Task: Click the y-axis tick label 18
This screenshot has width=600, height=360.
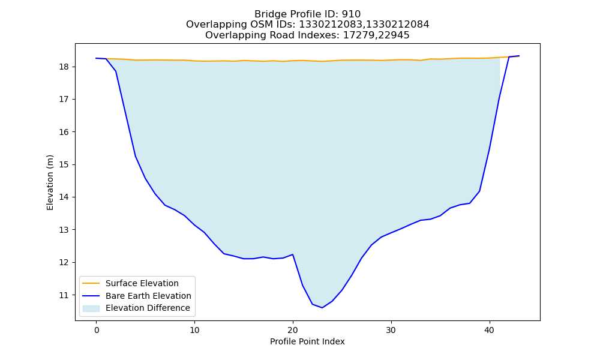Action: pos(65,67)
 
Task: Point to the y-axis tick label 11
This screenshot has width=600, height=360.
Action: pos(65,295)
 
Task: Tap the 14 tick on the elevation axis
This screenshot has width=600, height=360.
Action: pos(65,197)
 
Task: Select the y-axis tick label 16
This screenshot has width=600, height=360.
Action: pos(65,132)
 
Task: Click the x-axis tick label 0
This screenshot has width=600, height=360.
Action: pos(96,330)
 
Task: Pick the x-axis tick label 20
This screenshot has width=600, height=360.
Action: pos(293,330)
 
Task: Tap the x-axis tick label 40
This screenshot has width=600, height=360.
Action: pos(490,330)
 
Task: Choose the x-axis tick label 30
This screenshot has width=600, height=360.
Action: pos(391,330)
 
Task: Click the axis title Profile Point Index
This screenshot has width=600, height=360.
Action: pos(307,341)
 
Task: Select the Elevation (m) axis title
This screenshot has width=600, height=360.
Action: pos(50,182)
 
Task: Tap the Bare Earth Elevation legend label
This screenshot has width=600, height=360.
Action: pos(148,296)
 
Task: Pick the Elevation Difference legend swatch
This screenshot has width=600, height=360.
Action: pos(91,308)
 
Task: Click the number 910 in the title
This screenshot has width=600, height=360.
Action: pos(351,14)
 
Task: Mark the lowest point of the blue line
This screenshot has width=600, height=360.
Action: pos(322,308)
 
